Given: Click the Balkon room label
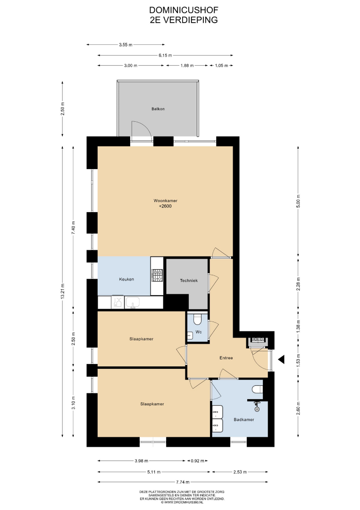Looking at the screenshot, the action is click(x=158, y=109).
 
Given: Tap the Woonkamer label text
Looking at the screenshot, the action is click(x=166, y=201).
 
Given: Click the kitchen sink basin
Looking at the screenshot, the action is click(x=133, y=303).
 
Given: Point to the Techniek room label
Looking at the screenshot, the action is click(x=189, y=280).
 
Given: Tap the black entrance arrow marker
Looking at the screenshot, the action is click(x=281, y=359).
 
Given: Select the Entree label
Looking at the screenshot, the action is click(x=226, y=358).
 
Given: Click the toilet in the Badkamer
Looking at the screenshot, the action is click(x=257, y=389).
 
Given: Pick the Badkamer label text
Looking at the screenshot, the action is click(x=243, y=420).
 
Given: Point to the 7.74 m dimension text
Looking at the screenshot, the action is click(x=183, y=482).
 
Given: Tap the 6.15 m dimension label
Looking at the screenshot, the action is click(x=166, y=55).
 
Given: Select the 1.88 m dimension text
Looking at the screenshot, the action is click(x=187, y=65).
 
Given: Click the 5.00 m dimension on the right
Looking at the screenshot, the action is click(x=298, y=201).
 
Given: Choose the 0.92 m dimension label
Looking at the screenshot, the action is click(x=198, y=460).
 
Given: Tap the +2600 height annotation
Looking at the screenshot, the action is click(x=165, y=206).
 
